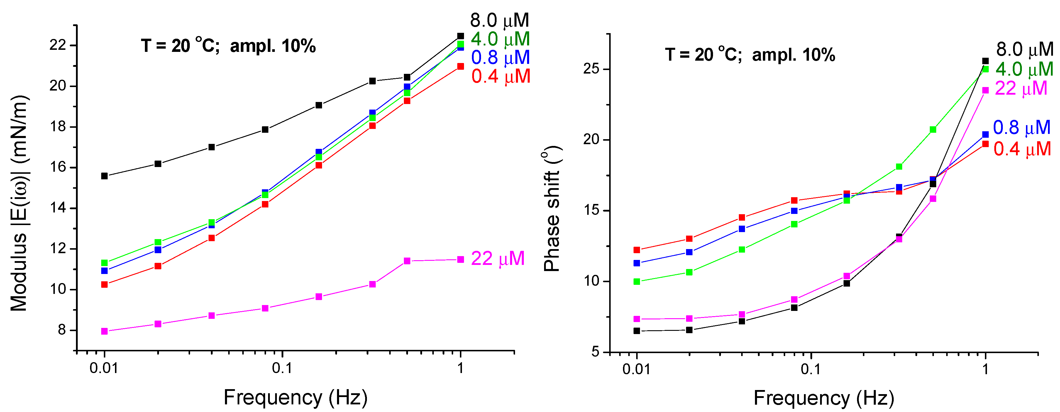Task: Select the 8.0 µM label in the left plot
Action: (499, 20)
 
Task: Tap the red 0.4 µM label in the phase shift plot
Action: (1022, 149)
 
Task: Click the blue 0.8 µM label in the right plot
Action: (1022, 128)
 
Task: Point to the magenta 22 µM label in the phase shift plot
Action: (1021, 88)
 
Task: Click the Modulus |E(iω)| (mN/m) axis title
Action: (19, 204)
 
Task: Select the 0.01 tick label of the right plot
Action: (636, 369)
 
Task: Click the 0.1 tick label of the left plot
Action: (282, 368)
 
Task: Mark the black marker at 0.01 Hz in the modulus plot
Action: (104, 176)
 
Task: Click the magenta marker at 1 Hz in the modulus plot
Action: (460, 259)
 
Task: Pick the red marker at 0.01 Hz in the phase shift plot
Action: (636, 250)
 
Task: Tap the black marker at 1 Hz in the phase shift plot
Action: (985, 61)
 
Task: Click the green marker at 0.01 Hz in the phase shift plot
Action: (636, 282)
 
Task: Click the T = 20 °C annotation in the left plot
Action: (178, 46)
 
